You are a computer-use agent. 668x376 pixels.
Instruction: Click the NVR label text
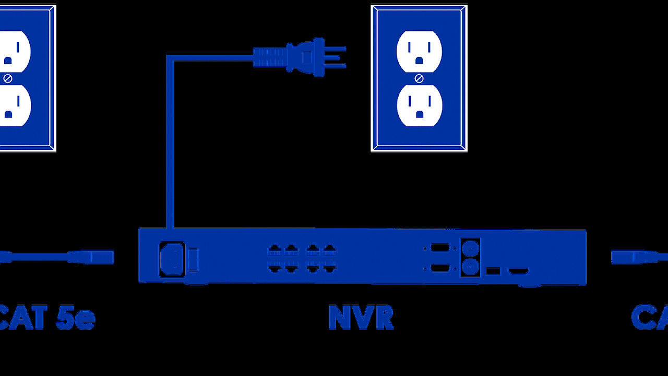tap(361, 318)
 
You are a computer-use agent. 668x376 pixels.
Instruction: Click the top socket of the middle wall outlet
tap(419, 52)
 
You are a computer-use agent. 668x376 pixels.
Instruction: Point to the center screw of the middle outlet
tap(419, 78)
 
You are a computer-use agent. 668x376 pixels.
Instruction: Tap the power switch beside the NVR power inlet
tap(193, 260)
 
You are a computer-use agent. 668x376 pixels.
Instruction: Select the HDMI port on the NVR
tap(519, 271)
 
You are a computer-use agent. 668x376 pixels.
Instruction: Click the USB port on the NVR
tap(493, 271)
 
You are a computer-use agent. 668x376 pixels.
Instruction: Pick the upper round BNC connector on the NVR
tap(470, 248)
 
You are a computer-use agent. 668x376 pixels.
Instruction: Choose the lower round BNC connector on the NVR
tap(470, 267)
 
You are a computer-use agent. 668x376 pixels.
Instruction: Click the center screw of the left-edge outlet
tap(7, 78)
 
